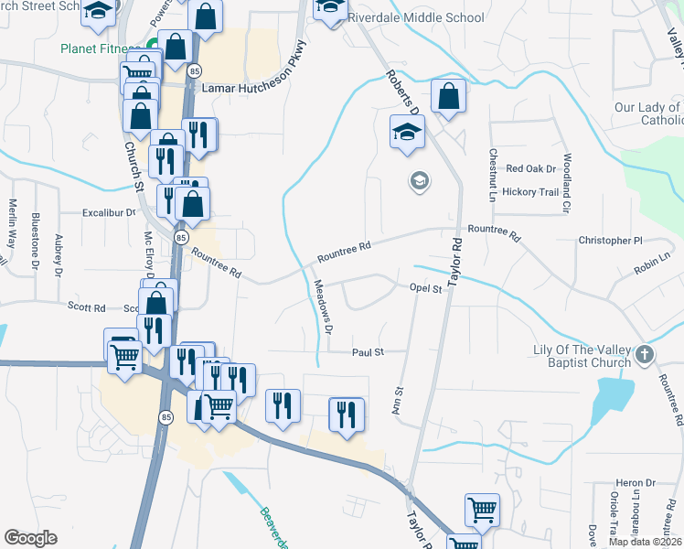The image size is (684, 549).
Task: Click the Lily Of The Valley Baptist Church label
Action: pyautogui.click(x=582, y=357)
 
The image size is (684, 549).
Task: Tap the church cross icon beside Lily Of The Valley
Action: pyautogui.click(x=644, y=355)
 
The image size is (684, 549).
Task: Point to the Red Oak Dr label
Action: pyautogui.click(x=531, y=169)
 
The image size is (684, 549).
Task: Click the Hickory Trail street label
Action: pyautogui.click(x=537, y=192)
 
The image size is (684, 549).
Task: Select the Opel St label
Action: pyautogui.click(x=425, y=288)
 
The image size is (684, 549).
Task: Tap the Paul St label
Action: pyautogui.click(x=368, y=351)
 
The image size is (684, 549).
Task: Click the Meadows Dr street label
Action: pyautogui.click(x=323, y=305)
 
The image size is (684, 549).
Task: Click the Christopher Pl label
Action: pyautogui.click(x=611, y=241)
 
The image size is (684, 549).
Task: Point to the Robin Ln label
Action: pyautogui.click(x=651, y=269)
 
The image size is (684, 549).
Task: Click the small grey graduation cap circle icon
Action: pyautogui.click(x=419, y=181)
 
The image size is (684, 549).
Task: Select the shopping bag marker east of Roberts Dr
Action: pyautogui.click(x=448, y=97)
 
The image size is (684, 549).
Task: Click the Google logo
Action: pyautogui.click(x=30, y=537)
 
